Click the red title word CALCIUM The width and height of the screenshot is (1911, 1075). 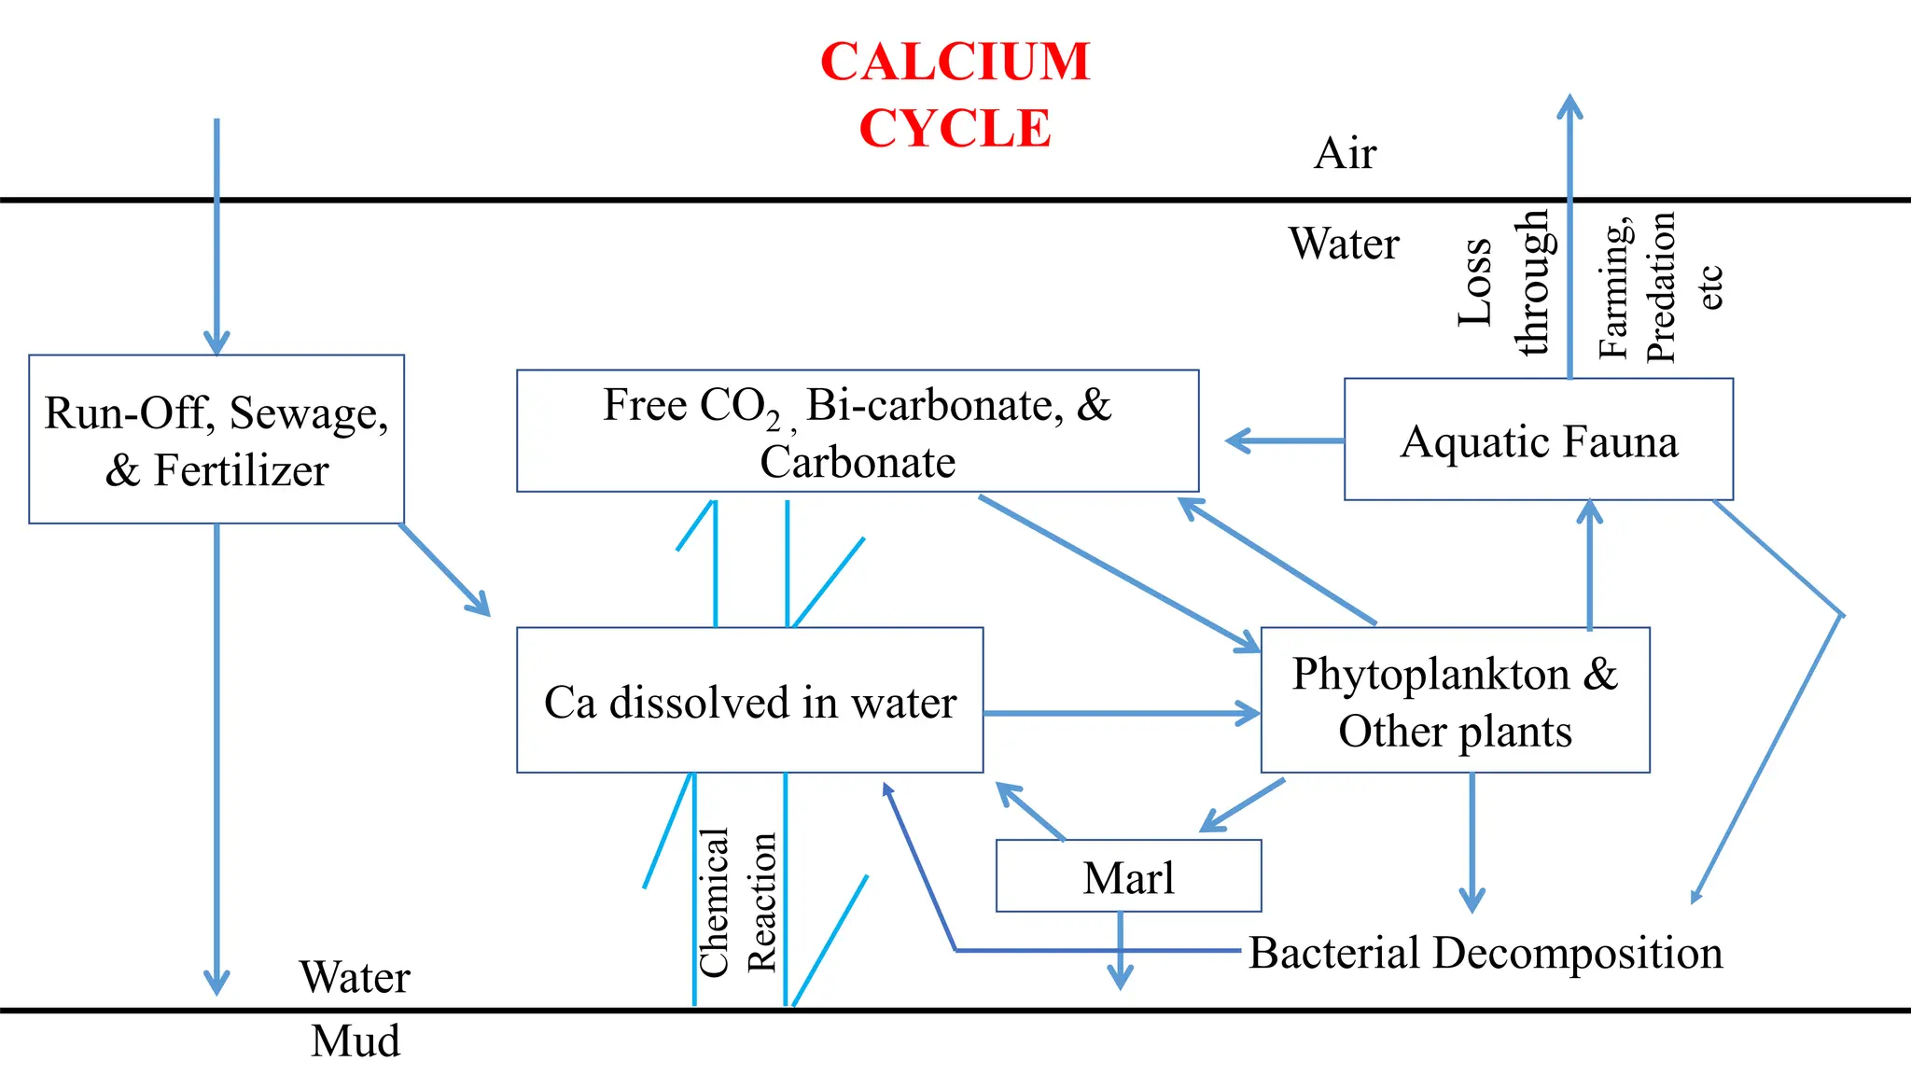(955, 63)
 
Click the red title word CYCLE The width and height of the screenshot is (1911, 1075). (955, 129)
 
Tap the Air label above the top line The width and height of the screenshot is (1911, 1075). (1345, 153)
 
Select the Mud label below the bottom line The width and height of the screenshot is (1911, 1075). (356, 1041)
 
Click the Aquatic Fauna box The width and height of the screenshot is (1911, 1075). (1538, 440)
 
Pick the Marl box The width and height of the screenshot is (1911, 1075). (1128, 876)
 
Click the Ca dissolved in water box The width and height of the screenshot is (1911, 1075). (749, 701)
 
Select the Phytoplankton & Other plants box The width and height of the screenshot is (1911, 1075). (1455, 701)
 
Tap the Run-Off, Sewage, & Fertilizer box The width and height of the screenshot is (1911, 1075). (216, 440)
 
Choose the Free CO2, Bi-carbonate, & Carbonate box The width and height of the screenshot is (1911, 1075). (857, 432)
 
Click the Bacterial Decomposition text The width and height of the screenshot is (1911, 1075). (1486, 953)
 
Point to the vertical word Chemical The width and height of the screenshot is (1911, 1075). (714, 902)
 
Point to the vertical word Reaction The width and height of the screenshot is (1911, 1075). (762, 902)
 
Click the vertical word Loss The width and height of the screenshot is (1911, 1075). (1475, 282)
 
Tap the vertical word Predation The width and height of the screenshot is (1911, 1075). (1661, 287)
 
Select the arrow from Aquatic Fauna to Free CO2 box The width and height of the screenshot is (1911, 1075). (1283, 440)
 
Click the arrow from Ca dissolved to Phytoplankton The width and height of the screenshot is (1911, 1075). (1120, 714)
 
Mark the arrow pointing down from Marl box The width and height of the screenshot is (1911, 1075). (1120, 952)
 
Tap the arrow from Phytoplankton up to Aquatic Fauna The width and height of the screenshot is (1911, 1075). (1590, 565)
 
